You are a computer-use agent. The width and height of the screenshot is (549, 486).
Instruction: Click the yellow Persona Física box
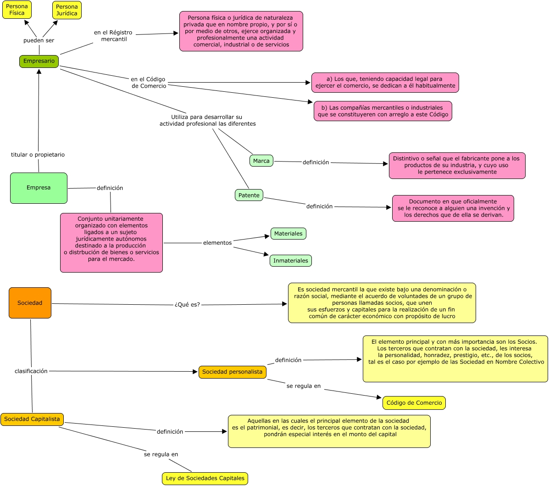pos(17,10)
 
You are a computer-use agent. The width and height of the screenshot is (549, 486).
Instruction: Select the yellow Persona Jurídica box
pos(67,10)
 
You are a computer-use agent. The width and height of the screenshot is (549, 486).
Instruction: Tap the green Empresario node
pos(39,61)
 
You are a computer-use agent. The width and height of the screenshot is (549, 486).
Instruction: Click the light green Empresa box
pos(39,188)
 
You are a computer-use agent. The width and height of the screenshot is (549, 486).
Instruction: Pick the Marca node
pos(261,161)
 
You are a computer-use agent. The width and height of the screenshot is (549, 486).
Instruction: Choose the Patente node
pos(249,195)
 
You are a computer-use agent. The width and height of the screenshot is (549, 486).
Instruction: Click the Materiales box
pos(288,234)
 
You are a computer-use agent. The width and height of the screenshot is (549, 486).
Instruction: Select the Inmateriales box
pos(291,261)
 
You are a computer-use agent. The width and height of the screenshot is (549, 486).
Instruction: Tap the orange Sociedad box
pos(30,303)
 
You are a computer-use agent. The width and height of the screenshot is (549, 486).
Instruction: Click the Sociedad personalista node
pos(233,372)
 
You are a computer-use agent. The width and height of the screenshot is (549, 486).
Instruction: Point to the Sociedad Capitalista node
pos(32,419)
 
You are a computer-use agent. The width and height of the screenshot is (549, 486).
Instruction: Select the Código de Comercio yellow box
pos(414,403)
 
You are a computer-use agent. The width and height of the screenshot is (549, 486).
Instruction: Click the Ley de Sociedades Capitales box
pos(205,478)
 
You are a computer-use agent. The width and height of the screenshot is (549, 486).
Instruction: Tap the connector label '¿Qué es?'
pos(187,305)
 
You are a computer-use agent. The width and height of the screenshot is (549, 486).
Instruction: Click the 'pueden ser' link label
pos(39,40)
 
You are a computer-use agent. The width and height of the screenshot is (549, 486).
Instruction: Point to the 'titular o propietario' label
pos(38,155)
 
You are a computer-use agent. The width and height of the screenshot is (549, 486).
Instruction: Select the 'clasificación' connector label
pos(31,371)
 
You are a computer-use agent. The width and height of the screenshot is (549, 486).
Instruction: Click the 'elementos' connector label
pos(217,243)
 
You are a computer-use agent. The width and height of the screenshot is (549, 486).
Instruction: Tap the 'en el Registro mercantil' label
pos(113,36)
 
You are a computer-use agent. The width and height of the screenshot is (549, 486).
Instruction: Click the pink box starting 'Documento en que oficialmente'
pos(453,208)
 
